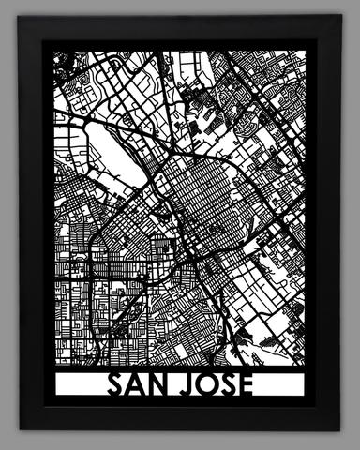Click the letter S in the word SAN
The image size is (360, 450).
(114, 385)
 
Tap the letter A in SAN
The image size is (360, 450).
(136, 385)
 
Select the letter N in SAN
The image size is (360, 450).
(158, 385)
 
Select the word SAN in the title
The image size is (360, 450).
(136, 385)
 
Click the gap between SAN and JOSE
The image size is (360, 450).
(175, 385)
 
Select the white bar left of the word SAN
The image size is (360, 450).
(79, 385)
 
